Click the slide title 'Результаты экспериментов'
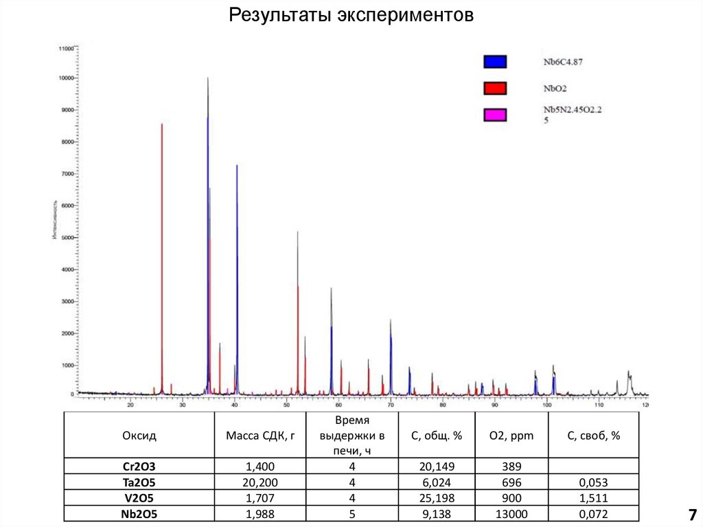[351, 15]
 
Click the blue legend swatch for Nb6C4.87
[495, 62]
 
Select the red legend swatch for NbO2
[495, 88]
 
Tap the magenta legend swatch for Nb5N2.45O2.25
[495, 115]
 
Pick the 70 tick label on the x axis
[391, 405]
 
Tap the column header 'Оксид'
[139, 436]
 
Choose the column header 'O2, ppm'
[507, 436]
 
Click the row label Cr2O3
[139, 467]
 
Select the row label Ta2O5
[139, 482]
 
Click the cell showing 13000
[507, 513]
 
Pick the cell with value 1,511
[594, 497]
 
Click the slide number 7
[692, 515]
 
